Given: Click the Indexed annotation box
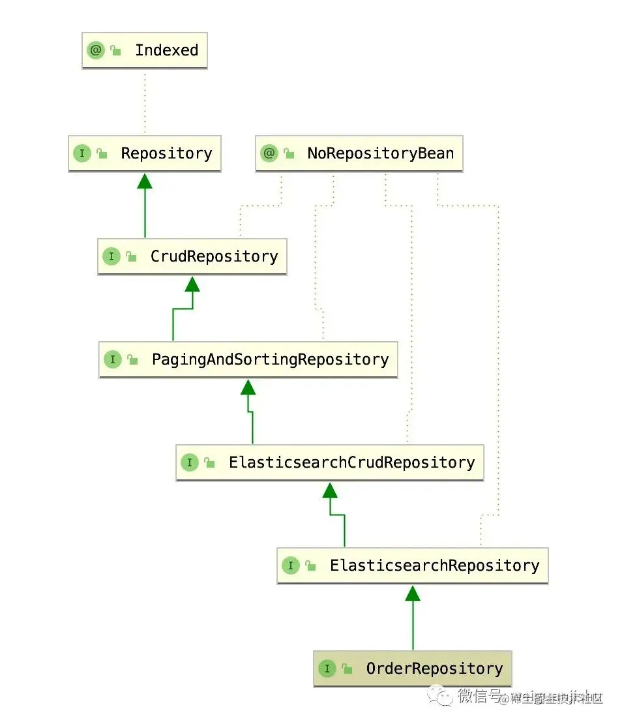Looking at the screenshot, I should point(144,50).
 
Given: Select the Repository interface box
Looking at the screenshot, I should point(144,153).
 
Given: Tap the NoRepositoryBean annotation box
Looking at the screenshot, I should point(359,153).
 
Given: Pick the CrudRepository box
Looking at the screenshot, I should point(192,256).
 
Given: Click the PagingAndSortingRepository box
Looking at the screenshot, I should point(248,359).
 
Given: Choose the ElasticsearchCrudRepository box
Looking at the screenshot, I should point(329,462).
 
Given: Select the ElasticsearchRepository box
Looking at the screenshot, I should point(412,566).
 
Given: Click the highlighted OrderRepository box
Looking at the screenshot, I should point(412,669).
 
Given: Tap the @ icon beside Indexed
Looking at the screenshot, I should point(96,50).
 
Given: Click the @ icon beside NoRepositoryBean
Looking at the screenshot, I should point(269,153).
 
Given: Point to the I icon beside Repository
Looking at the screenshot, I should point(82,153).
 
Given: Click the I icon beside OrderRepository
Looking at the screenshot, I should point(327,669).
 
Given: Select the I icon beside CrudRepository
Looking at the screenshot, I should point(111,256).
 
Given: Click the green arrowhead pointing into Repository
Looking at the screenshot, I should point(145,181).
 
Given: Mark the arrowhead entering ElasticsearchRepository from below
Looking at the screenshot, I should point(412,593).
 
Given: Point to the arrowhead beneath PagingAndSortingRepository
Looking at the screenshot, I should point(248,387).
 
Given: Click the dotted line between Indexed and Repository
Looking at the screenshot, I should point(145,102).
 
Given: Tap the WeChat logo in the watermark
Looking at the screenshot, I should point(445,697).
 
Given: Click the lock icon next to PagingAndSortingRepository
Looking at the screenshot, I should point(132,360).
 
